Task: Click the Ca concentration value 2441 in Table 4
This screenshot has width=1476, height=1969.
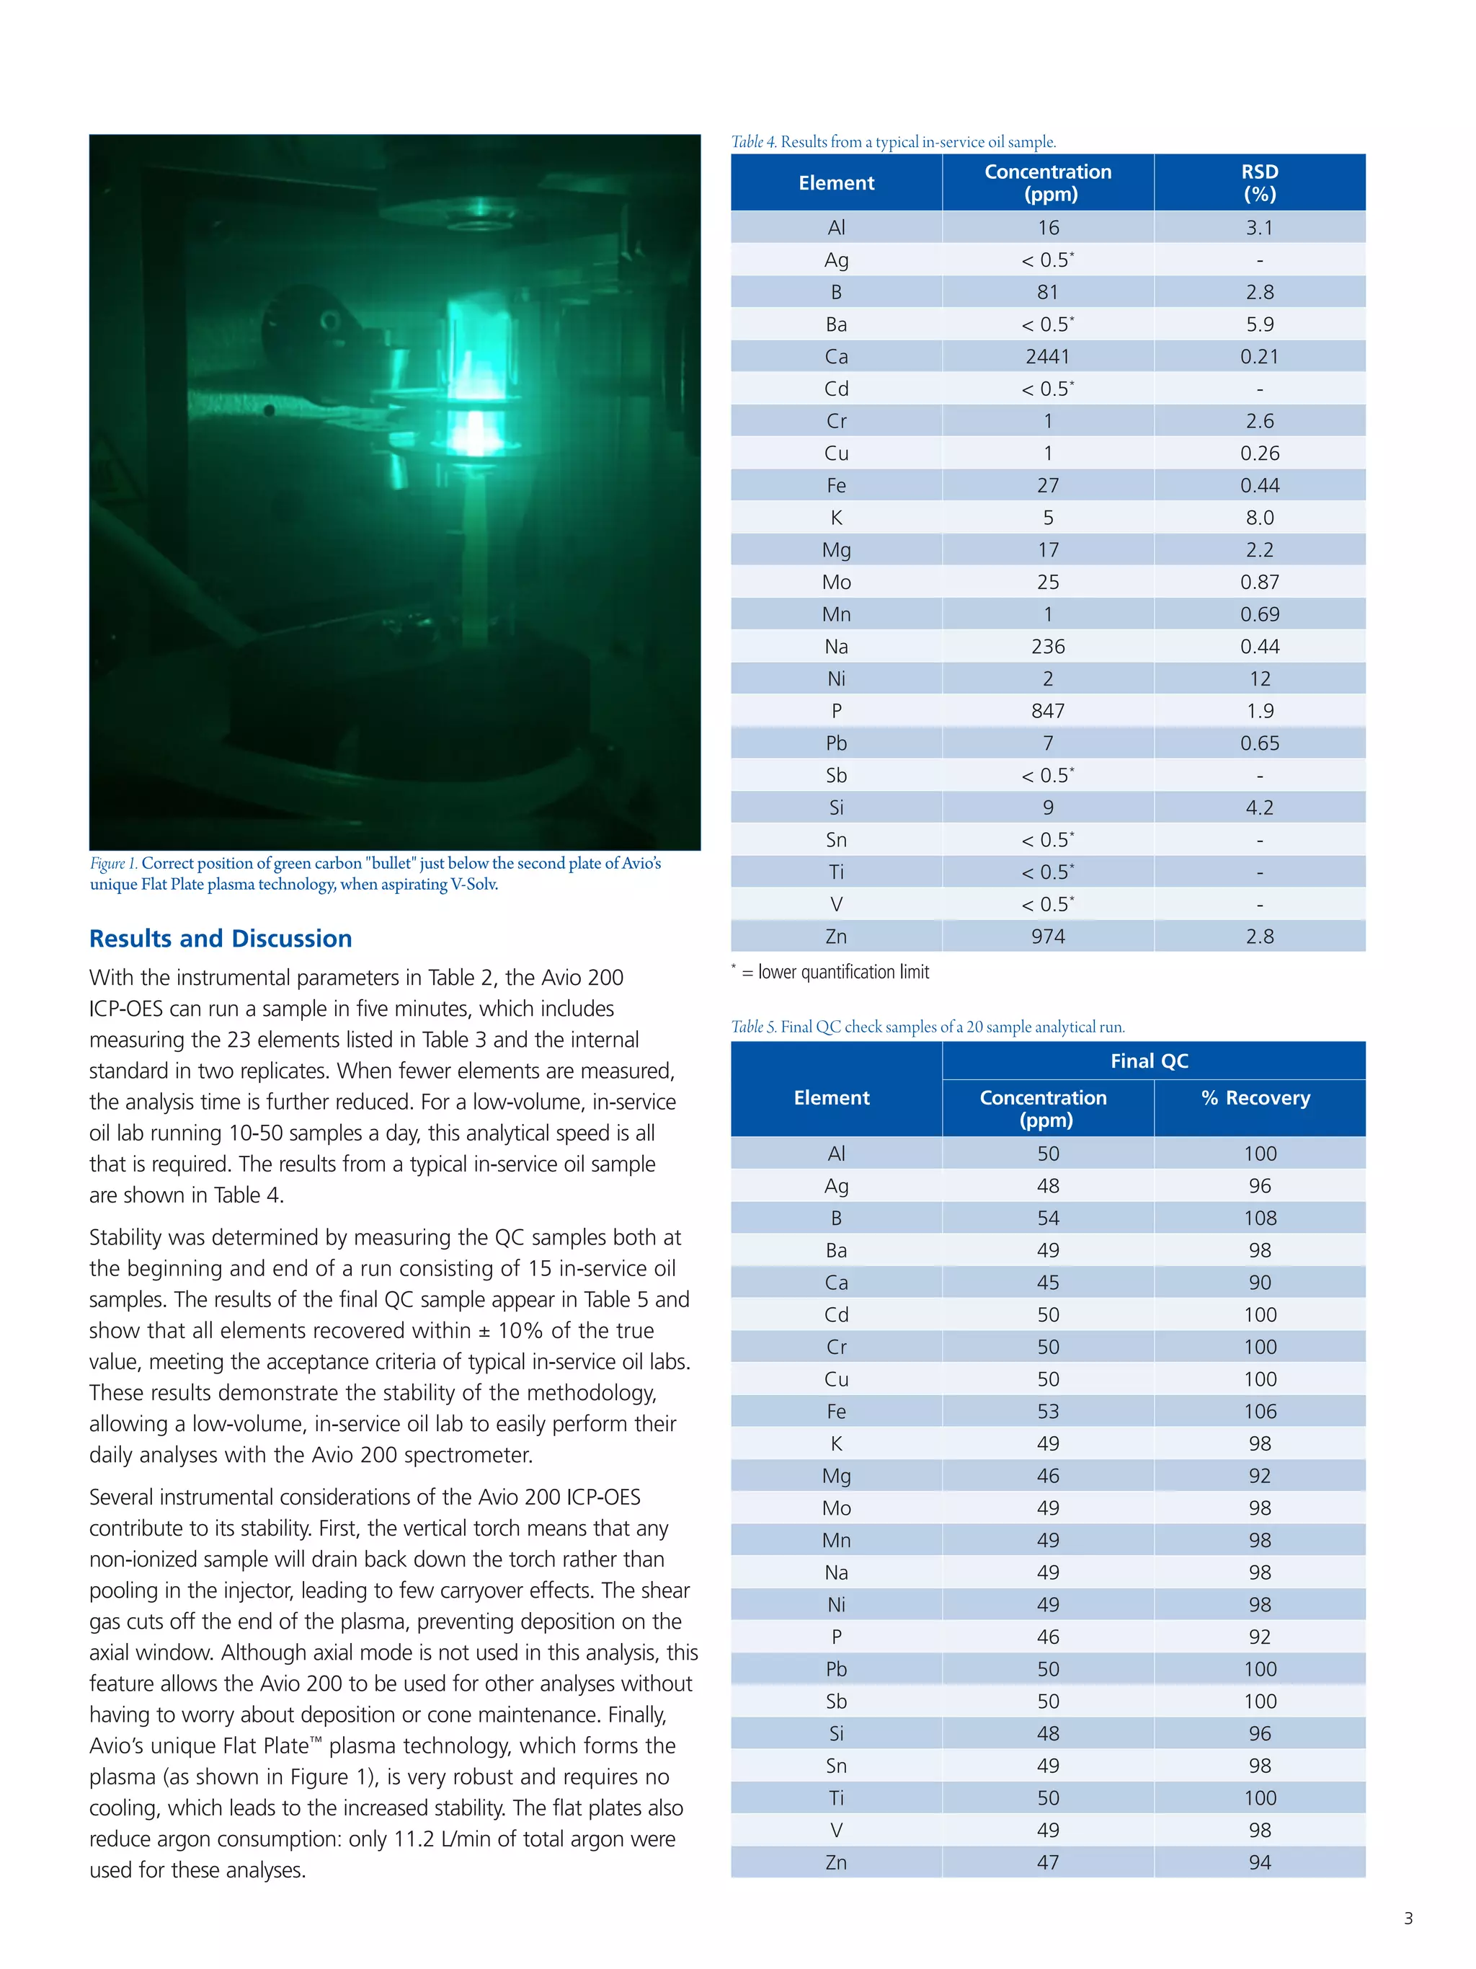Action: tap(1047, 357)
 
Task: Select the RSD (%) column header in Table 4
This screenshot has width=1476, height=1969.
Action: tap(1259, 182)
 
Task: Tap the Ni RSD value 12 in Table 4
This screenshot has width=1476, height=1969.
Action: tap(1259, 679)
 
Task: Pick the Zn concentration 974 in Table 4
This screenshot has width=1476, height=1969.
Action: tap(1047, 937)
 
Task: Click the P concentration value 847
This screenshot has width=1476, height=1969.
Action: tap(1047, 711)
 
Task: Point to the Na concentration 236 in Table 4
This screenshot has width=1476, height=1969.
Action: tap(1047, 647)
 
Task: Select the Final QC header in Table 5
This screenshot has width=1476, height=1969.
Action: tap(1149, 1061)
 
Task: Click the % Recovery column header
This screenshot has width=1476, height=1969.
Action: tap(1255, 1099)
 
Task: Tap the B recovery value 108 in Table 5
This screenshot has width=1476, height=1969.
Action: tap(1259, 1218)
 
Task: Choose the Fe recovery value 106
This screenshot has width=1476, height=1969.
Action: tap(1259, 1412)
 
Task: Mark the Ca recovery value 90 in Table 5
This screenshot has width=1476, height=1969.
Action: tap(1259, 1283)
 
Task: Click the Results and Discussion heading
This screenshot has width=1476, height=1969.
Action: tap(221, 939)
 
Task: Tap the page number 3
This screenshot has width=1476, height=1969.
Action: tap(1408, 1919)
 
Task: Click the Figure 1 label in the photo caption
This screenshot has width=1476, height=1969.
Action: tap(113, 864)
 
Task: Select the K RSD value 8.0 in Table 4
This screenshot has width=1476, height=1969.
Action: tap(1259, 518)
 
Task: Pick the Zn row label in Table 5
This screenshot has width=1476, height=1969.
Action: tap(835, 1863)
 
